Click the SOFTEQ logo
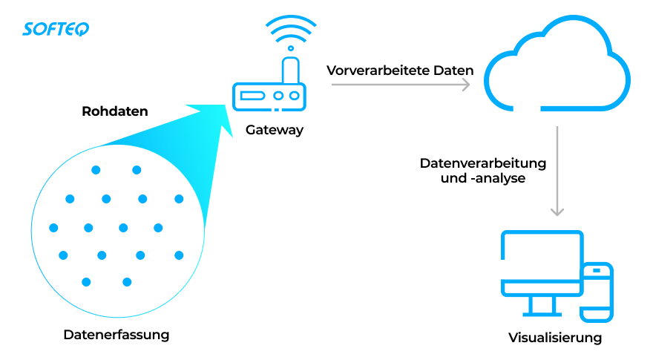click(x=56, y=29)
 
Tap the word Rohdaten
click(x=115, y=112)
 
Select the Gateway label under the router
click(x=275, y=130)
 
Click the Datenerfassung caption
click(x=117, y=334)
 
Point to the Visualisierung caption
click(x=555, y=338)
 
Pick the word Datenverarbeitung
click(x=483, y=163)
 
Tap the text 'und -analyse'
click(x=483, y=178)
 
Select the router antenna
click(x=292, y=70)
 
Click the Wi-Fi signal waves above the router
click(x=291, y=33)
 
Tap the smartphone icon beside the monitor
click(x=596, y=292)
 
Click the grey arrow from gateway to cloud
click(x=401, y=85)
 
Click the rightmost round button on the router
click(x=295, y=96)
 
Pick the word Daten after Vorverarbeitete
click(x=455, y=71)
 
